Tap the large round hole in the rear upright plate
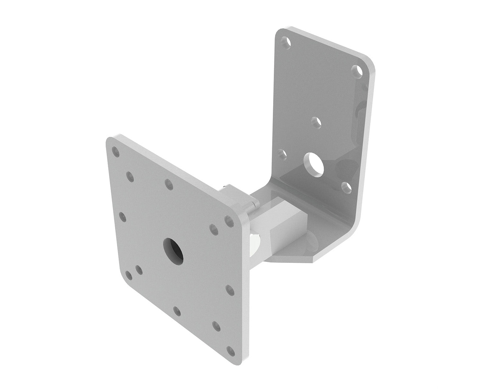(314, 160)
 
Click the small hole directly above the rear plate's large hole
(316, 122)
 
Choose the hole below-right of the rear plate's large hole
(346, 187)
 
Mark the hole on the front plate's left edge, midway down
(123, 217)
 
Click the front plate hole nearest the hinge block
(229, 220)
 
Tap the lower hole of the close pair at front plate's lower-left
(129, 276)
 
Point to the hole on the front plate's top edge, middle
(168, 184)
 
